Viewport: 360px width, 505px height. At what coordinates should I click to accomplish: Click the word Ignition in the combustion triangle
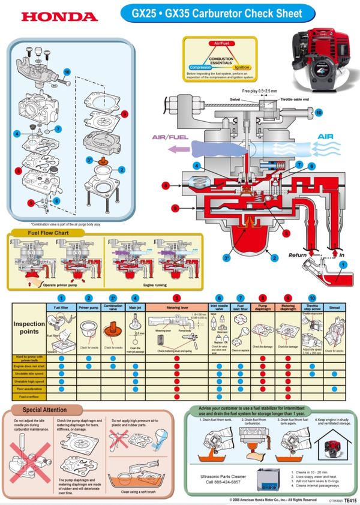pos(242,67)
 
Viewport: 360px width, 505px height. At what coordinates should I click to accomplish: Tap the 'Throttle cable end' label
pos(293,98)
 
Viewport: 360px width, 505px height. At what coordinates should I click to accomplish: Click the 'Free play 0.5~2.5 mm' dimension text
pos(260,91)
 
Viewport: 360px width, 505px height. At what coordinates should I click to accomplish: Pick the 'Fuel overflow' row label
pos(29,396)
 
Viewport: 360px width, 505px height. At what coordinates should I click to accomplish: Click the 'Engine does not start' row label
pos(29,365)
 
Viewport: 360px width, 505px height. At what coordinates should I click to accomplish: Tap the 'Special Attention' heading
pos(44,410)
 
